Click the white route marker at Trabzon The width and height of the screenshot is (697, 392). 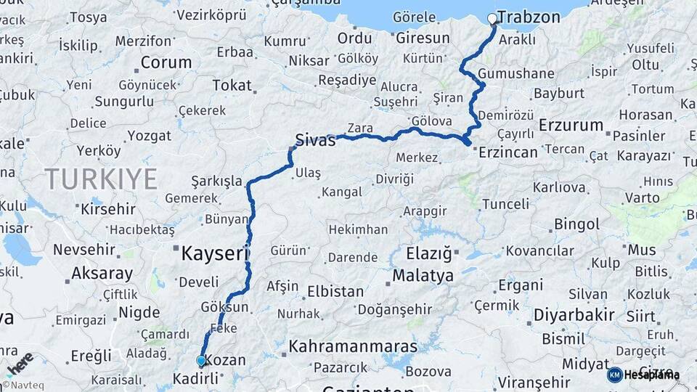tap(492, 18)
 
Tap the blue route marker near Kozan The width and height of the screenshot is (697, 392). tap(201, 361)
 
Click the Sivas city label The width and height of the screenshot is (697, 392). tap(315, 140)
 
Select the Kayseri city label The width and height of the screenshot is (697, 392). tap(214, 253)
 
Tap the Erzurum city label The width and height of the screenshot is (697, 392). tap(571, 125)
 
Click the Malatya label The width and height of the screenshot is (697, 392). tap(423, 276)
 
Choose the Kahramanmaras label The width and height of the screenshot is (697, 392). tap(353, 346)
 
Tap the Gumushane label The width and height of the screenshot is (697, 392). tap(517, 73)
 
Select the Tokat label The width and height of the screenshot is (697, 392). tap(231, 85)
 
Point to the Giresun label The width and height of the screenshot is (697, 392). tap(423, 37)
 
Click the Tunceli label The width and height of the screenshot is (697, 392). tap(505, 204)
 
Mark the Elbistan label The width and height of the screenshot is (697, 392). tap(335, 291)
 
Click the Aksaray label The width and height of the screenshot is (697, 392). tap(102, 274)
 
